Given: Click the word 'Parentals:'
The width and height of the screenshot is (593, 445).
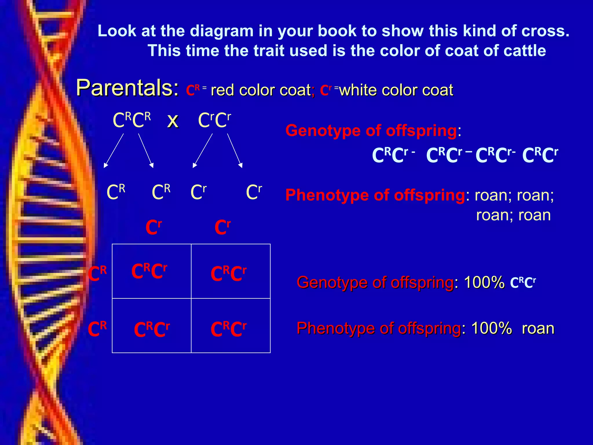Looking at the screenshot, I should click(127, 88).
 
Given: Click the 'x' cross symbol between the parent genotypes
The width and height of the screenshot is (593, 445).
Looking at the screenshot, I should click(173, 120).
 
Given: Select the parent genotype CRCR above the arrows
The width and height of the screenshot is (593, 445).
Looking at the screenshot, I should click(132, 120).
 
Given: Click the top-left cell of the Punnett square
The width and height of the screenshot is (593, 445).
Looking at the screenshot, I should click(151, 271).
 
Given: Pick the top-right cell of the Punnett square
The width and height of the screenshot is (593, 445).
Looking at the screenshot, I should click(231, 271).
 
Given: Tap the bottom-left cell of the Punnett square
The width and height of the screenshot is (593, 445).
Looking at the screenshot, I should click(151, 326).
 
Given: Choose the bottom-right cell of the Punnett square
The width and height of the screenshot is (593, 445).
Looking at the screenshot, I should click(231, 326).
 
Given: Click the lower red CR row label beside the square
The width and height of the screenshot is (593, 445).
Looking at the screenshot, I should click(97, 329).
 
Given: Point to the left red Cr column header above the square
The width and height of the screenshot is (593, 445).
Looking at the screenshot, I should click(153, 227).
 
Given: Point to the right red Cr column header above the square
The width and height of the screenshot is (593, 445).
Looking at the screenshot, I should click(223, 227).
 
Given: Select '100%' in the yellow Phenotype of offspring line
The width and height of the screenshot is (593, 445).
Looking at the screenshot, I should click(492, 328).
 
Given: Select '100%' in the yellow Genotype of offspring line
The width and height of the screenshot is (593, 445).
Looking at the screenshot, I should click(484, 282).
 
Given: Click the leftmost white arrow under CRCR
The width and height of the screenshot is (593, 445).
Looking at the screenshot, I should click(114, 150).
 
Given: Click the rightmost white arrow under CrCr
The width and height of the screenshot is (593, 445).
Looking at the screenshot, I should click(235, 150).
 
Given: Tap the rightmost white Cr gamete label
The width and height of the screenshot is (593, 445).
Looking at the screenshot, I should click(254, 192).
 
